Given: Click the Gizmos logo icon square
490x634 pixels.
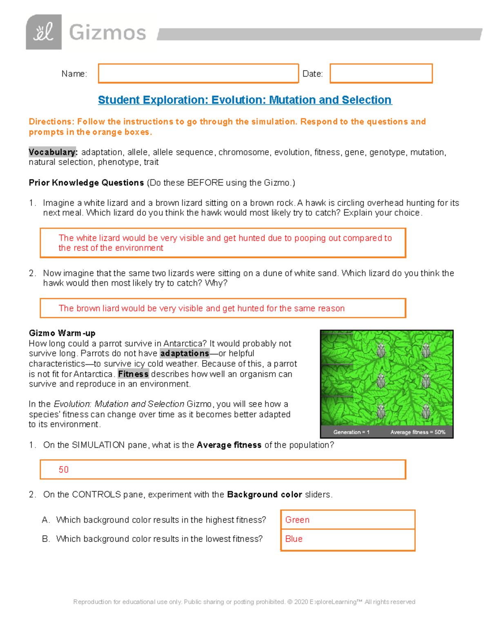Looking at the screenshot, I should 44,32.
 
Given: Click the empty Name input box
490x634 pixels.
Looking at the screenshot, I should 198,73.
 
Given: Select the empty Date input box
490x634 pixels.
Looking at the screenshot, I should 381,73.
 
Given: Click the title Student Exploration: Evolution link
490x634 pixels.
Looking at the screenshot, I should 245,100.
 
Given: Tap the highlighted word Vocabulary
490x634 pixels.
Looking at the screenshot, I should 52,152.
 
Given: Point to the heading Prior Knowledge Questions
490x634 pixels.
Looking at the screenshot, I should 86,183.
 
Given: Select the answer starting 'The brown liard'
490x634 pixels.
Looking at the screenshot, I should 202,308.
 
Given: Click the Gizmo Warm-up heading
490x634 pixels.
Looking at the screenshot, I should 62,333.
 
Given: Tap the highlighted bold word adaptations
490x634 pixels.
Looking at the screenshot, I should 185,354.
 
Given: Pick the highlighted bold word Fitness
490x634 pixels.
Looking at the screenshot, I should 133,374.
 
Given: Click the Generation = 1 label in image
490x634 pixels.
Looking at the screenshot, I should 351,432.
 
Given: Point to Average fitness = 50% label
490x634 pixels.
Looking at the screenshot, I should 417,432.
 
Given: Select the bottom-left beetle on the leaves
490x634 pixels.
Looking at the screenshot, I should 381,411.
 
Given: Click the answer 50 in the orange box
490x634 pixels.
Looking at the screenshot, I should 64,469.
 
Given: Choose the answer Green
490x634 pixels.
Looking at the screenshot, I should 297,520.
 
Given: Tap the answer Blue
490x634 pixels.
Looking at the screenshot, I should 294,539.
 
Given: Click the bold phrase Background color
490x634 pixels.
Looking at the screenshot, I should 264,495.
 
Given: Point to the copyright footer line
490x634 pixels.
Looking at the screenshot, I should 244,602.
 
